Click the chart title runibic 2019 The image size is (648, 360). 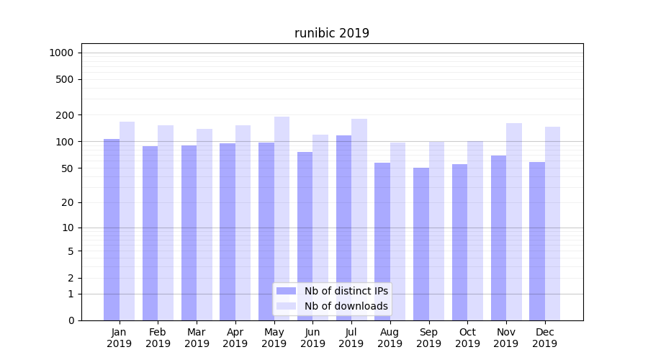(x=331, y=33)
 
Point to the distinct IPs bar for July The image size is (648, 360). (x=343, y=228)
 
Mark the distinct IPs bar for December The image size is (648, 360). (x=537, y=240)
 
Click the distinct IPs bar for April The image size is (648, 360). (x=228, y=231)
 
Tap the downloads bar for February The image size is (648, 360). (x=166, y=222)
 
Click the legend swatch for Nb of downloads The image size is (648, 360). (x=287, y=306)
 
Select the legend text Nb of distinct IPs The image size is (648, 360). (x=346, y=291)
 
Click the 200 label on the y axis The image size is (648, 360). (x=64, y=115)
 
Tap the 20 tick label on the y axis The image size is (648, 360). (x=67, y=202)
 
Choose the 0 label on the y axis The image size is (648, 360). (x=71, y=320)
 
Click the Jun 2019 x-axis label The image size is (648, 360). (x=312, y=338)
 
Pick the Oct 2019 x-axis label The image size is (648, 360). (x=467, y=338)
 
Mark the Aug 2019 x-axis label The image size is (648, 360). (x=390, y=338)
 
